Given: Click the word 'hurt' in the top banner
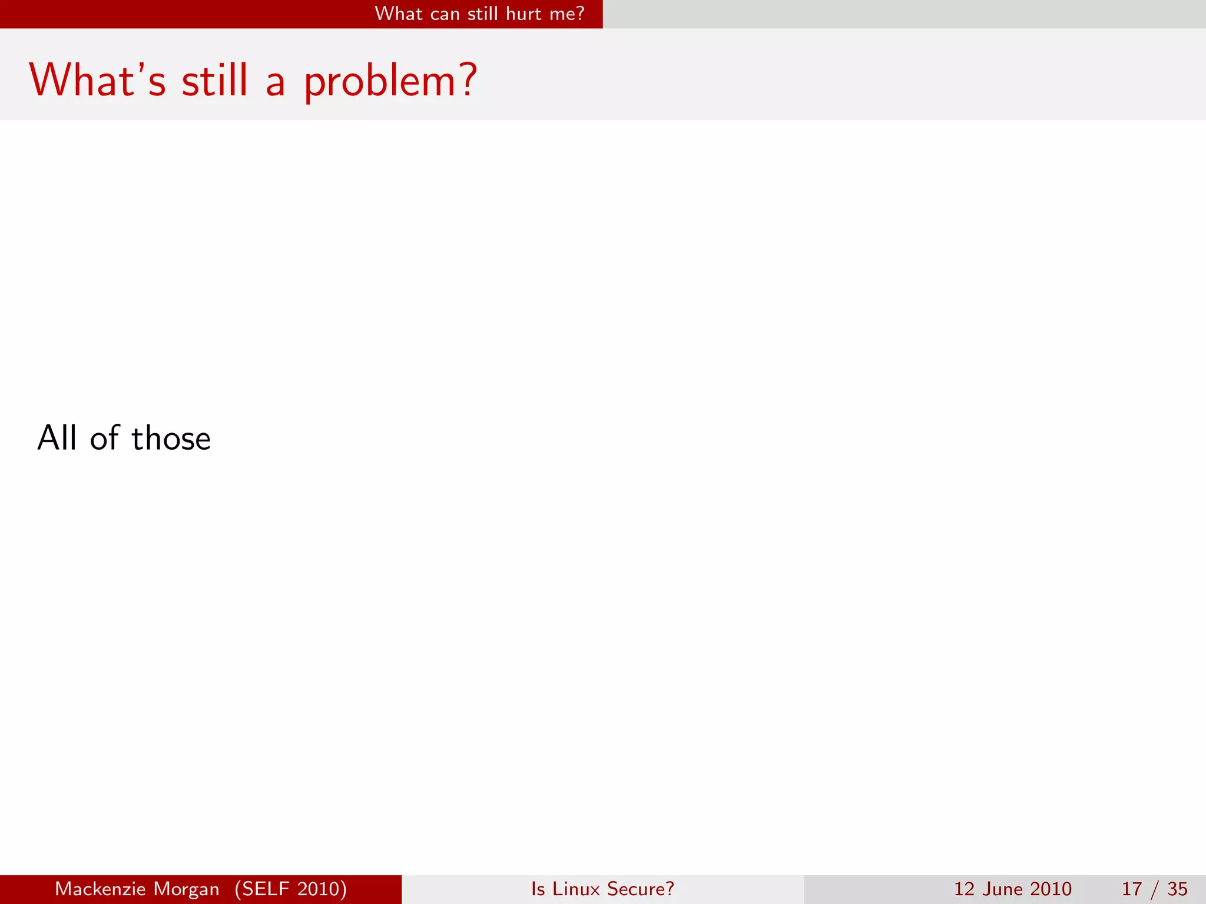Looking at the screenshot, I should click(524, 14).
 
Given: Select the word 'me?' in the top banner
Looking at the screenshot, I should click(566, 14).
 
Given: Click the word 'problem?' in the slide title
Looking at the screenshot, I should click(390, 81).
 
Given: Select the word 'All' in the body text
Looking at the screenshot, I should click(57, 438).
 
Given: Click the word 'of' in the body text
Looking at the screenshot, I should click(105, 438).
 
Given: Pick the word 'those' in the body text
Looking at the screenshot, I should click(171, 438).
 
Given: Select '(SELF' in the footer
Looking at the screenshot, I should click(263, 889).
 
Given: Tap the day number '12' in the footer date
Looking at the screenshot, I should click(964, 889).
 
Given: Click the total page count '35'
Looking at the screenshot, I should click(1177, 889).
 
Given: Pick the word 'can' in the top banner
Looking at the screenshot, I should click(445, 14).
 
